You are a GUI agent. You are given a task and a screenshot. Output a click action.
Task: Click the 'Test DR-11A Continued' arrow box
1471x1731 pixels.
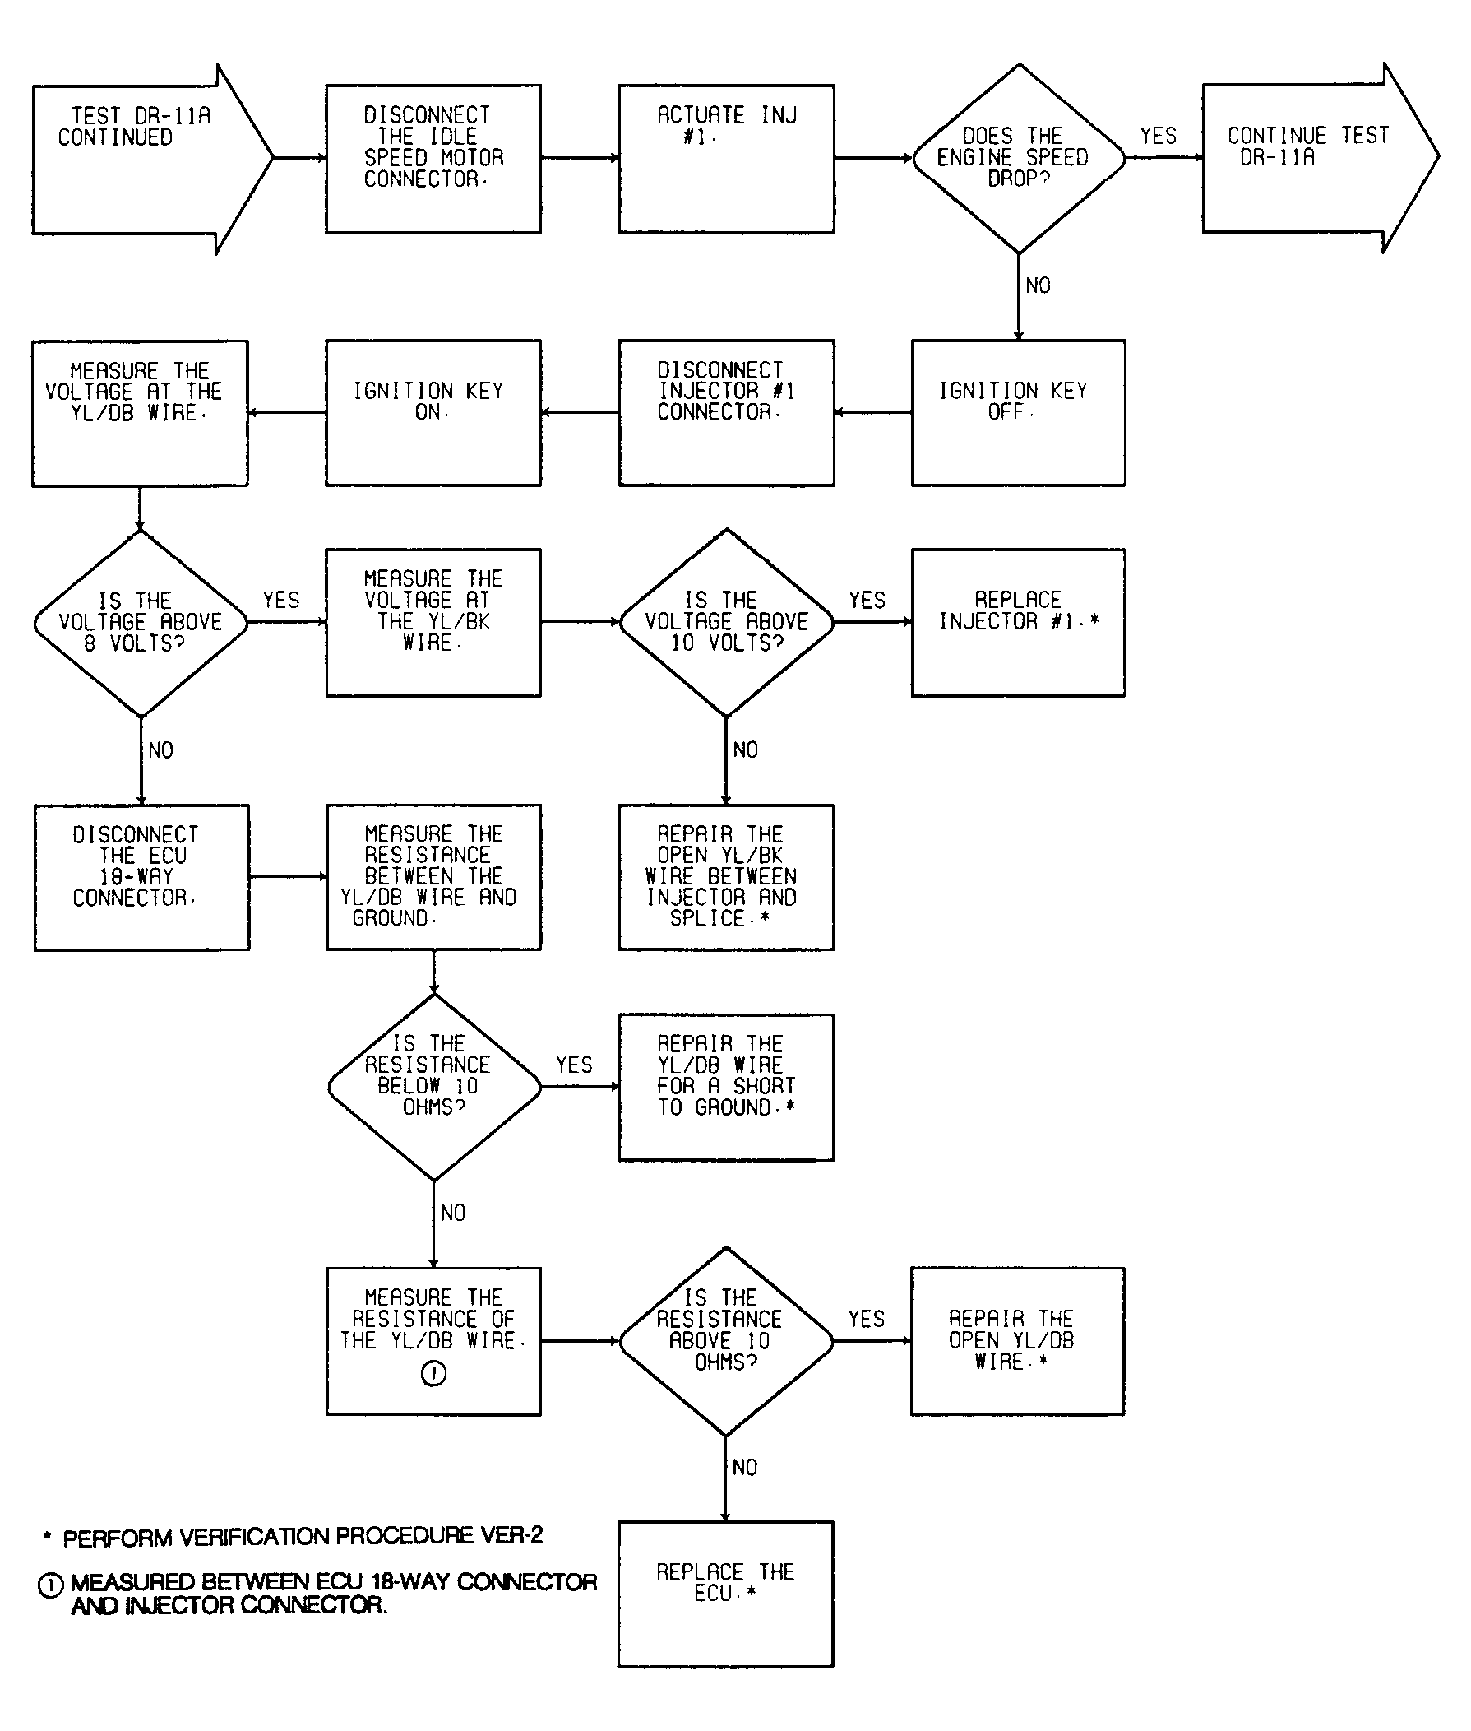[141, 159]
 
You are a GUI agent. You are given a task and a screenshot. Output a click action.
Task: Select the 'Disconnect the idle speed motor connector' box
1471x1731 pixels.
[433, 159]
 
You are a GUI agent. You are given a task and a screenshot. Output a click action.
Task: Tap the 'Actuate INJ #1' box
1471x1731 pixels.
[725, 159]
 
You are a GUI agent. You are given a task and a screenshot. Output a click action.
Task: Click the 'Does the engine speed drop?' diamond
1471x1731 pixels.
[1018, 159]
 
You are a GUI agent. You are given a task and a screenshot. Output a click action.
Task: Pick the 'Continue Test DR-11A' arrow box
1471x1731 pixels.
[1309, 159]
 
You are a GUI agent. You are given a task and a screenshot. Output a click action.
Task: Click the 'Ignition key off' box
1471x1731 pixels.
[1017, 412]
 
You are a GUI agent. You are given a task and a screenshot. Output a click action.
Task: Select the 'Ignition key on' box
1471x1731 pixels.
[433, 412]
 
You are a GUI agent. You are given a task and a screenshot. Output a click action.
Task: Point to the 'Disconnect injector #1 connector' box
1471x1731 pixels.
[725, 412]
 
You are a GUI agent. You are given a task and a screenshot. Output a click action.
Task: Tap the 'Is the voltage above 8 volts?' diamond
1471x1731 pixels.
[141, 622]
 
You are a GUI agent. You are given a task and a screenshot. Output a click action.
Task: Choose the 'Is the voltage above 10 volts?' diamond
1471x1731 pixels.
[726, 622]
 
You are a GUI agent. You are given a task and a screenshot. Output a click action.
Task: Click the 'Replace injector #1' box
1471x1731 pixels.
[1017, 622]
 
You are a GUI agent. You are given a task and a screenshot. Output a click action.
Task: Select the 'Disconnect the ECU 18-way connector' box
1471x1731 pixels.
[141, 877]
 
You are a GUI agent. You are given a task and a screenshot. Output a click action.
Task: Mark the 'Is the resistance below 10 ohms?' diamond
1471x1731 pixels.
[433, 1086]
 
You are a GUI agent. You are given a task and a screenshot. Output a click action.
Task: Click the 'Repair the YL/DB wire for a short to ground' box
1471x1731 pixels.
[725, 1086]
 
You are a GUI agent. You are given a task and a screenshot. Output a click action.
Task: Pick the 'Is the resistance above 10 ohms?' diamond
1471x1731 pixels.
[725, 1340]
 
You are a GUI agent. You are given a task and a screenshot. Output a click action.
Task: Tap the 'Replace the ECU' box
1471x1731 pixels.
[724, 1594]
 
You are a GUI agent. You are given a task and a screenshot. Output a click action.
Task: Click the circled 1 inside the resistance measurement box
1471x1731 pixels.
[433, 1373]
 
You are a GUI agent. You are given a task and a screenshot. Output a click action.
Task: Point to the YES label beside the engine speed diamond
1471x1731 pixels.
[1159, 136]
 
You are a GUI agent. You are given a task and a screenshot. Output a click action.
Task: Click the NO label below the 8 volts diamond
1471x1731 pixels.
[161, 750]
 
